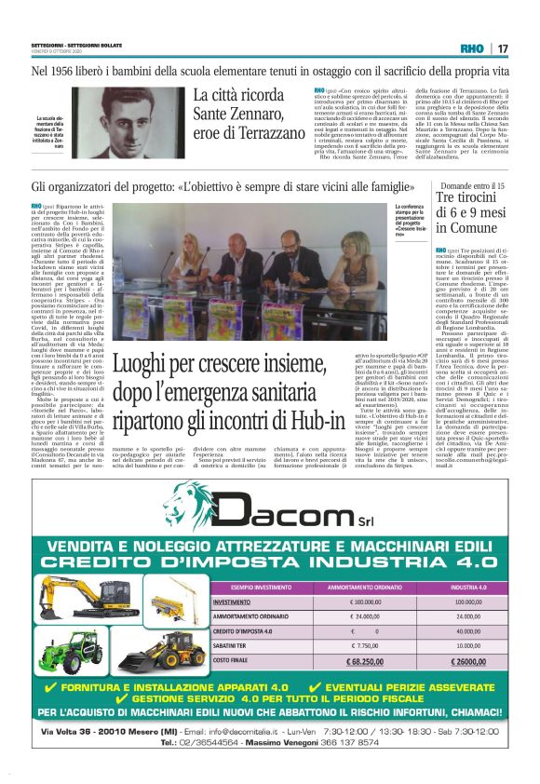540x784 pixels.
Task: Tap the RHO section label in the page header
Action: [472, 47]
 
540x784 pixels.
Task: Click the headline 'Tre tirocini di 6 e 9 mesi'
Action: [469, 212]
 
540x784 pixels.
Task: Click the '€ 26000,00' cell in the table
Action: [461, 662]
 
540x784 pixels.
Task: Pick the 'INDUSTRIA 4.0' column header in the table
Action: [462, 588]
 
